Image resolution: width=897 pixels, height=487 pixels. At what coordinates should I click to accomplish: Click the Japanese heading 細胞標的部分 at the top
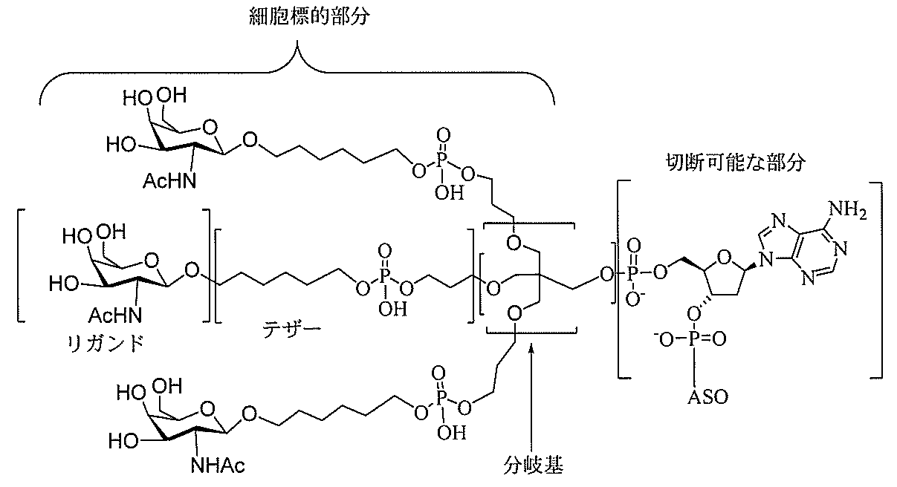click(x=309, y=17)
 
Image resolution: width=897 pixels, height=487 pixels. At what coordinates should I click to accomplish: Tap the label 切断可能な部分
click(x=735, y=163)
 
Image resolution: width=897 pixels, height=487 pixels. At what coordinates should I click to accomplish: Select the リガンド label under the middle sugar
click(x=106, y=343)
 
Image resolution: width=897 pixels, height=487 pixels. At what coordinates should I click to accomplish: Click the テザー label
click(x=291, y=330)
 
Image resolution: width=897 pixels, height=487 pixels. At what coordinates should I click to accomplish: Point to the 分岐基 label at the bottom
click(x=533, y=465)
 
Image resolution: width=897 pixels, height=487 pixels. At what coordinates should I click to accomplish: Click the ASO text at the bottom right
click(x=707, y=397)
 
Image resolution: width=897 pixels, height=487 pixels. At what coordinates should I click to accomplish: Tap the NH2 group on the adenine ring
click(x=848, y=209)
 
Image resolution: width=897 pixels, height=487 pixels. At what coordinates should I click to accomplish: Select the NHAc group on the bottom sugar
click(x=218, y=465)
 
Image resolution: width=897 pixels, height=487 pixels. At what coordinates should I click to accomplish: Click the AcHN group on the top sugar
click(x=169, y=181)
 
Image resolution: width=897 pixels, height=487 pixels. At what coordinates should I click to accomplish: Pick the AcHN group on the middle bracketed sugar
click(x=115, y=316)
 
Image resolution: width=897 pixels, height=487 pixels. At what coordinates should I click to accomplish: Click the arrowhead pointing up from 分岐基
click(x=531, y=347)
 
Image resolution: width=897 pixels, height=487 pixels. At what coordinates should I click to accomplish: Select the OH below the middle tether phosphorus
click(x=392, y=310)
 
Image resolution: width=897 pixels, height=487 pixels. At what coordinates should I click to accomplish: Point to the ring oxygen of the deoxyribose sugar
click(x=724, y=258)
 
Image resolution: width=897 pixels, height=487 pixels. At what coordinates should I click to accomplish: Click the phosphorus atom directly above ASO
click(x=694, y=339)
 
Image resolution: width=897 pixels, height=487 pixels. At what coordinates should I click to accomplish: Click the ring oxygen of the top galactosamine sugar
click(x=210, y=127)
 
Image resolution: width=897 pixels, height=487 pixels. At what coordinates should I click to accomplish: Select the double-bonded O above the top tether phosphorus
click(x=443, y=135)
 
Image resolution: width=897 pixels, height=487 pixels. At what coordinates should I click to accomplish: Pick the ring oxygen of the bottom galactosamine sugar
click(x=208, y=409)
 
